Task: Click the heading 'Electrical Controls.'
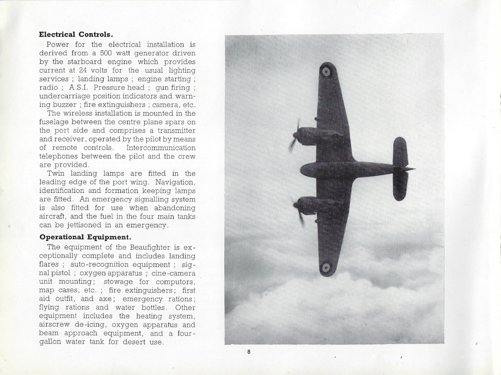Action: coord(76,34)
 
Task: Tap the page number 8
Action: coord(249,352)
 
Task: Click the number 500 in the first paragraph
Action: coord(106,53)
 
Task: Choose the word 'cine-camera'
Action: coord(174,273)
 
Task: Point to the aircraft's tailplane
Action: coord(400,169)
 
